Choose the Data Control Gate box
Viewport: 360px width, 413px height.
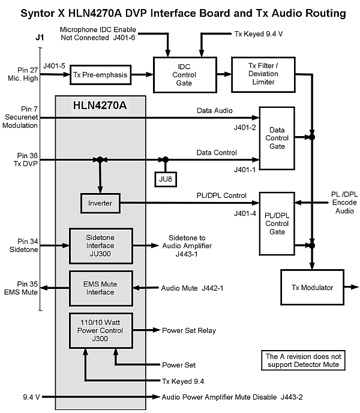277,138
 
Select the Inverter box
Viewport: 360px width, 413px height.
100,204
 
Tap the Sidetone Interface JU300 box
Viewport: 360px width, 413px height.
100,245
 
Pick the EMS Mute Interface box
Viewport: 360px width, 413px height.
100,288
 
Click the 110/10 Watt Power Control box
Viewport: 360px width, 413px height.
100,330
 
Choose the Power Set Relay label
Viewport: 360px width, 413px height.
189,330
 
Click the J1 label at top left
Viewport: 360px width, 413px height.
40,38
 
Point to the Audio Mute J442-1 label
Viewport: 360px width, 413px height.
192,289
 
